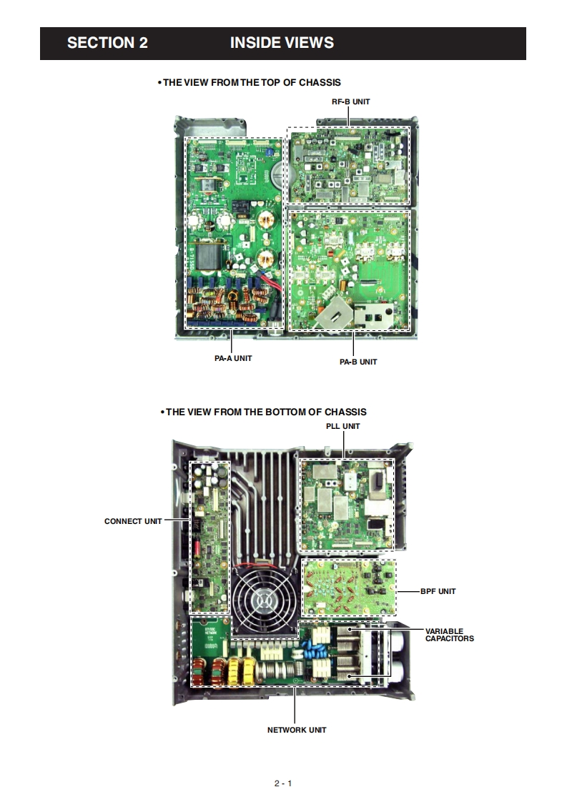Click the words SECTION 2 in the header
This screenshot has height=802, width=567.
click(107, 43)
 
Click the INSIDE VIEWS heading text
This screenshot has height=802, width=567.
click(282, 43)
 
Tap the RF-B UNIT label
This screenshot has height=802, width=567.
click(350, 102)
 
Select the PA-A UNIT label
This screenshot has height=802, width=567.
click(233, 358)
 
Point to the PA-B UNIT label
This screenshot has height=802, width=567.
click(358, 362)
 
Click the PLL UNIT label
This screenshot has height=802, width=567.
click(343, 426)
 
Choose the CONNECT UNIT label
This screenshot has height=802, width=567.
click(133, 521)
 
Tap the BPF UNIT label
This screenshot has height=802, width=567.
click(438, 591)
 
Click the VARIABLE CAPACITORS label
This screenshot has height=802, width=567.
click(449, 635)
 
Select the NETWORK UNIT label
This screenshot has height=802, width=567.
click(297, 730)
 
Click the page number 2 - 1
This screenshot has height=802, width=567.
click(283, 783)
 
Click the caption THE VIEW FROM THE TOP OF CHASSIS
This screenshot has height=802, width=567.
click(251, 83)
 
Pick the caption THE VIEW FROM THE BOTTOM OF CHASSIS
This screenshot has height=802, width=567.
click(265, 412)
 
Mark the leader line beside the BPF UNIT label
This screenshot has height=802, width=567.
click(408, 591)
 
